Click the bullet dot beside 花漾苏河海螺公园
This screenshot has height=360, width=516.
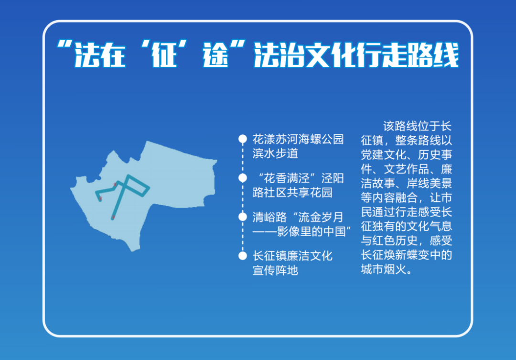(243, 139)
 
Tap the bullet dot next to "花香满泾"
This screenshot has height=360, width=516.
(243, 178)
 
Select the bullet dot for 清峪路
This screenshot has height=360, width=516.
(243, 217)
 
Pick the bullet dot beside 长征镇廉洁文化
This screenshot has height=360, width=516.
(243, 256)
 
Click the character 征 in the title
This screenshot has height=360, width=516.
(164, 55)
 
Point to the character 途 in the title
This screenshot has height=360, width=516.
(215, 55)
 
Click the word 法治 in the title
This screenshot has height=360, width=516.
(279, 55)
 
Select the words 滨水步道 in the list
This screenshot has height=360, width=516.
(276, 153)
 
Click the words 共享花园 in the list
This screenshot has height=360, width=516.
(310, 192)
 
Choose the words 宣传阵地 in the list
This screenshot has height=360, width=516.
(276, 270)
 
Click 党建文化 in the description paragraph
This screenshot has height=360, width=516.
(384, 155)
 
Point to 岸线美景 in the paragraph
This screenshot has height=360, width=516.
(430, 184)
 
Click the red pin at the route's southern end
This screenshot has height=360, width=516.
(113, 218)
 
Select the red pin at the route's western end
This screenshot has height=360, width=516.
(101, 198)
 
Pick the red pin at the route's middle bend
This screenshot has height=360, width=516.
(115, 185)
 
